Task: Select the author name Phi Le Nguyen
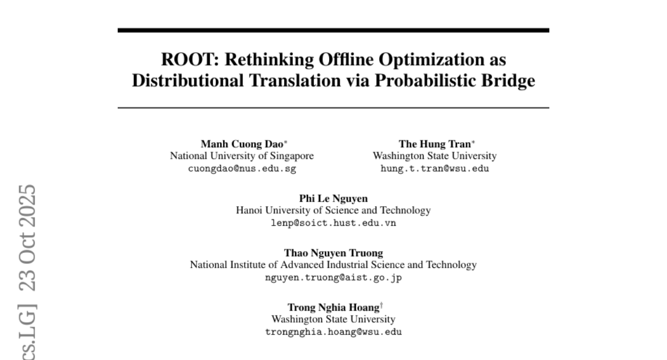click(x=333, y=199)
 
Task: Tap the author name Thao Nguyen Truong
click(x=333, y=253)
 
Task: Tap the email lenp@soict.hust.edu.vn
click(x=333, y=223)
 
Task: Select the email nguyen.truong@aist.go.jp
click(x=333, y=277)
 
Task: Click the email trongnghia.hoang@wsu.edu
click(x=333, y=332)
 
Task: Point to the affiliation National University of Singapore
click(x=242, y=156)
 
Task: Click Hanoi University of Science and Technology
click(x=333, y=211)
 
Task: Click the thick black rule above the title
click(x=333, y=30)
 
